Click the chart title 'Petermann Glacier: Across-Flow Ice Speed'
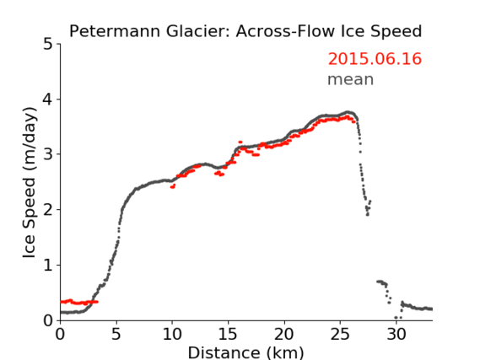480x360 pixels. click(x=245, y=31)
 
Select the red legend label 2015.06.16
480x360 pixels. click(x=375, y=59)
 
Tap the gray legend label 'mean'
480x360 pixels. click(x=351, y=79)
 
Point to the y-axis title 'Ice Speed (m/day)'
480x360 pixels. click(x=30, y=183)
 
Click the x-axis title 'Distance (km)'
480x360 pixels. click(x=245, y=352)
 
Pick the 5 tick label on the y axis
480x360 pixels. click(x=48, y=45)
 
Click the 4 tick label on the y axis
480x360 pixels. click(x=48, y=99)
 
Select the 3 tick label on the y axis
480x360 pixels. click(x=48, y=154)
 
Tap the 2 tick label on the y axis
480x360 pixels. click(x=48, y=210)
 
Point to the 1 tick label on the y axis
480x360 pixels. click(x=48, y=266)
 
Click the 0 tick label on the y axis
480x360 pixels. click(x=48, y=320)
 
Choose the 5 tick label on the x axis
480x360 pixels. click(x=116, y=335)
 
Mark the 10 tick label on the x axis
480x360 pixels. click(x=172, y=335)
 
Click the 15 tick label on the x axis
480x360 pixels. click(x=228, y=335)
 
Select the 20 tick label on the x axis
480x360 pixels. click(x=284, y=335)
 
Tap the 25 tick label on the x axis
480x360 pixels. click(x=340, y=335)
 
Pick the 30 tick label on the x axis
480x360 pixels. click(x=396, y=335)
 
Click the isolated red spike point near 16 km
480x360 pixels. click(x=240, y=142)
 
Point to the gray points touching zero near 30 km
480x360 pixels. click(x=398, y=318)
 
